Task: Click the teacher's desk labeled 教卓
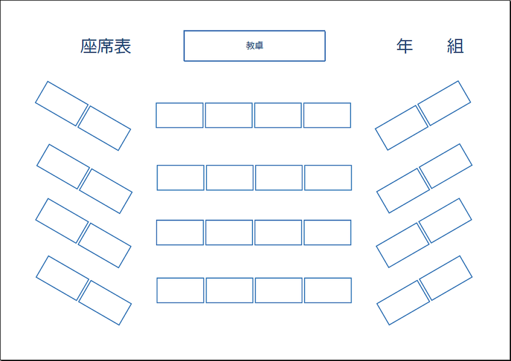[255, 46]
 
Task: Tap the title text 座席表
[106, 46]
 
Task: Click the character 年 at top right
[405, 46]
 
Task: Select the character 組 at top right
[455, 46]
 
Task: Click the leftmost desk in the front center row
[180, 115]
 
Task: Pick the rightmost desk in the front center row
[327, 115]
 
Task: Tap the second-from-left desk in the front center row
[229, 115]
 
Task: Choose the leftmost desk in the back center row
[180, 290]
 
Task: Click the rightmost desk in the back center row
[328, 290]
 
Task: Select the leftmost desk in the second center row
[181, 178]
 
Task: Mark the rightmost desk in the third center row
[327, 233]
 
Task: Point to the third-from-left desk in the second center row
[279, 178]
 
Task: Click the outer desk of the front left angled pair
[62, 104]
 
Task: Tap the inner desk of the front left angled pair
[104, 128]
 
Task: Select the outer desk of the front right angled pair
[444, 103]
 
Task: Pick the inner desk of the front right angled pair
[402, 127]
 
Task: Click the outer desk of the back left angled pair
[62, 278]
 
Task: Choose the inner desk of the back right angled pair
[403, 302]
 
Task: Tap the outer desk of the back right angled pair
[446, 278]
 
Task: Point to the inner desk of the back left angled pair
[105, 303]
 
